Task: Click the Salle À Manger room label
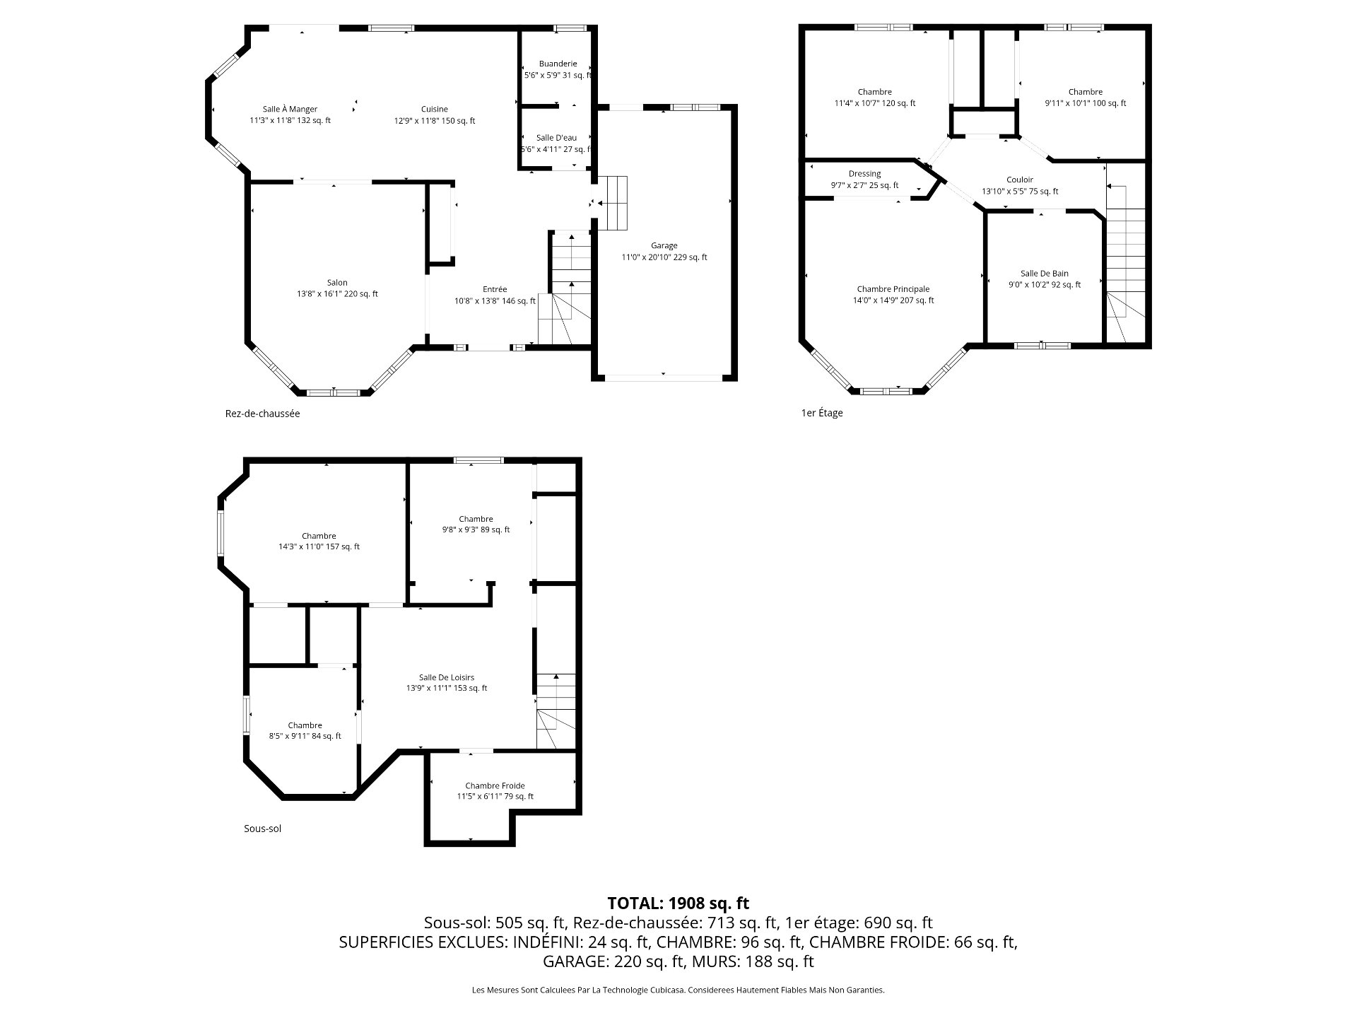[x=290, y=110]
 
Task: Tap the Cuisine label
[x=435, y=110]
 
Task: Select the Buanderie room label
[x=558, y=64]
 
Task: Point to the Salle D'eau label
[x=556, y=138]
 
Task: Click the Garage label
[x=664, y=246]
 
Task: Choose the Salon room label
[x=337, y=283]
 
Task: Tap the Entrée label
[x=495, y=289]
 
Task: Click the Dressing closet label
[x=864, y=174]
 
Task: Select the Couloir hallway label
[x=1020, y=180]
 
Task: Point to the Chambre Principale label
[x=893, y=289]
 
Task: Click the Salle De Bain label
[x=1045, y=274]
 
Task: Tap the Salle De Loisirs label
[x=447, y=677]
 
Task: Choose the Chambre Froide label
[x=495, y=785]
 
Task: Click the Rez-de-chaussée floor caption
[x=262, y=414]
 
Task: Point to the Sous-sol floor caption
[x=262, y=829]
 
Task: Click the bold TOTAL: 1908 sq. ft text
[x=678, y=903]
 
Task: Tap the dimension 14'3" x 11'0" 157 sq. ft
[x=319, y=546]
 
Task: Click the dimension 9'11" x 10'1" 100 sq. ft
[x=1086, y=103]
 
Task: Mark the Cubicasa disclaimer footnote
[x=678, y=990]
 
